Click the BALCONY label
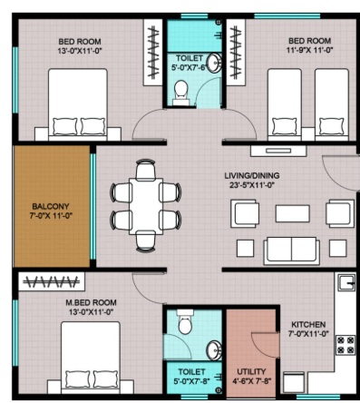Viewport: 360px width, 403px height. pos(51,207)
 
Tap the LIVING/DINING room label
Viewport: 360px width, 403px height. pos(252,176)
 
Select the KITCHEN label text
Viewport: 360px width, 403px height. pos(308,325)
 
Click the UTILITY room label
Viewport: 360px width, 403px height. pos(251,371)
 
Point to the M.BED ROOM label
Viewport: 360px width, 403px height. pos(91,302)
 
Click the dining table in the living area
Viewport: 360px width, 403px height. pos(146,206)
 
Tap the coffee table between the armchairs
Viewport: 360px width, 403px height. pos(292,213)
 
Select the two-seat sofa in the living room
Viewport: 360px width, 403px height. pos(291,251)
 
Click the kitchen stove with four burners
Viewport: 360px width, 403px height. pos(345,345)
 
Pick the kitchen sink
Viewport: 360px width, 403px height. pos(346,282)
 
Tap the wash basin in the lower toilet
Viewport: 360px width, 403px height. pos(214,350)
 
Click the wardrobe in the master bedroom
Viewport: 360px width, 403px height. pos(52,281)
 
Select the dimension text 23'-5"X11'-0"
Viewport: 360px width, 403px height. pos(252,185)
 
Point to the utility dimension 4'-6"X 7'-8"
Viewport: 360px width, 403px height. pos(252,381)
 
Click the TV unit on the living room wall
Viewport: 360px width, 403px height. pos(278,151)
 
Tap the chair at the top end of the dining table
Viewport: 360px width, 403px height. pos(146,170)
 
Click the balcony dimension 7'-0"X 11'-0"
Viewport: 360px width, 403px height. pos(51,216)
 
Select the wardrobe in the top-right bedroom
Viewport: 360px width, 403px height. pos(237,53)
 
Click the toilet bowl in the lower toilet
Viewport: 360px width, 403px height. pos(184,323)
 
